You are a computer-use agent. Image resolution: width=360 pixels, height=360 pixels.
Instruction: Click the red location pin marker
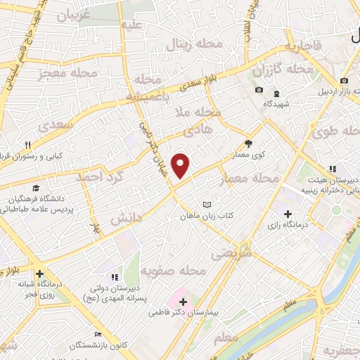coord(181,165)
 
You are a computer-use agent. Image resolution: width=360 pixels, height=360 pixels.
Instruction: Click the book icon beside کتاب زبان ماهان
coord(206,205)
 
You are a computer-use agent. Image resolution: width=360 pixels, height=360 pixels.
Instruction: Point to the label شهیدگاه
coord(277,103)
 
